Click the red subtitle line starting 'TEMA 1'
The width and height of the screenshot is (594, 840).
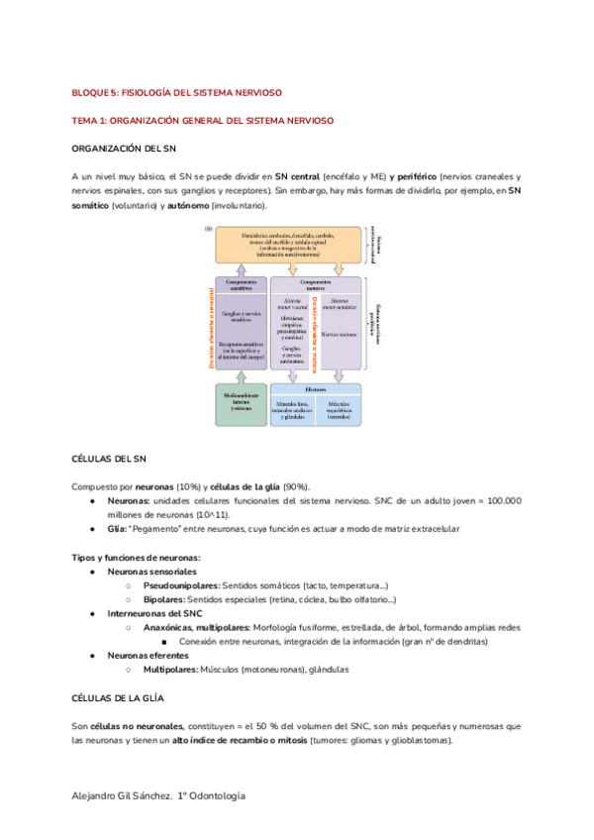click(203, 120)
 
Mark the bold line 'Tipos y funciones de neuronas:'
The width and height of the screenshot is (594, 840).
click(136, 557)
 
